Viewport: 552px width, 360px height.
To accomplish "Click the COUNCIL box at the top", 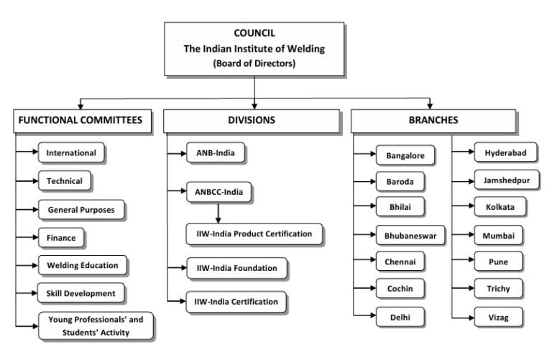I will (x=254, y=48).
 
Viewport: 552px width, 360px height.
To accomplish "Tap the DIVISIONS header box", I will (x=251, y=121).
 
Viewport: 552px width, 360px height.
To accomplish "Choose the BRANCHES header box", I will (x=433, y=121).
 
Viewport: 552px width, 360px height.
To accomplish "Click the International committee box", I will (x=71, y=153).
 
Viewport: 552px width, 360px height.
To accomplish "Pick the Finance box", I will (x=61, y=237).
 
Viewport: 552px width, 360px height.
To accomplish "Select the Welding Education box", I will (x=83, y=265).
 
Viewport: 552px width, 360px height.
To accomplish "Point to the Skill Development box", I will (x=80, y=293).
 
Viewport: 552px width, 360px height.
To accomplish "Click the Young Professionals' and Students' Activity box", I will (x=96, y=325).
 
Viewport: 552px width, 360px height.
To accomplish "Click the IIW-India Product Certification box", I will (x=254, y=234).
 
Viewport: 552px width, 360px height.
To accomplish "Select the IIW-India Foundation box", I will (x=236, y=268).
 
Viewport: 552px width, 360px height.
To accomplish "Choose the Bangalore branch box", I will (x=405, y=156).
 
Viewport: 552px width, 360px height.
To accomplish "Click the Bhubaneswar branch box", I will (x=410, y=235).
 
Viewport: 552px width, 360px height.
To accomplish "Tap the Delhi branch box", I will (x=400, y=315).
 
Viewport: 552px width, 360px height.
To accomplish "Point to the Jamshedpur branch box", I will (x=507, y=180).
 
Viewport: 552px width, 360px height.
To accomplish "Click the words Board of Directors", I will (x=254, y=63).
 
